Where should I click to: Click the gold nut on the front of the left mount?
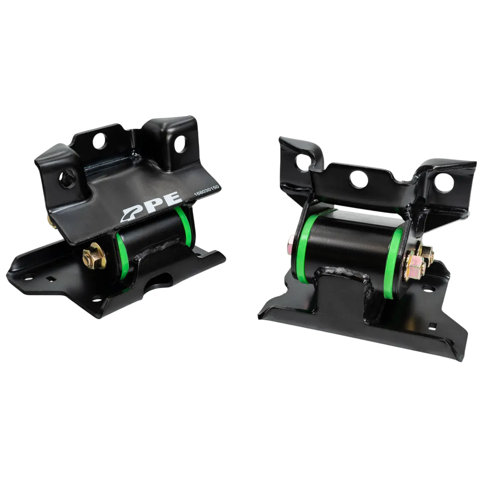(91, 256)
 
